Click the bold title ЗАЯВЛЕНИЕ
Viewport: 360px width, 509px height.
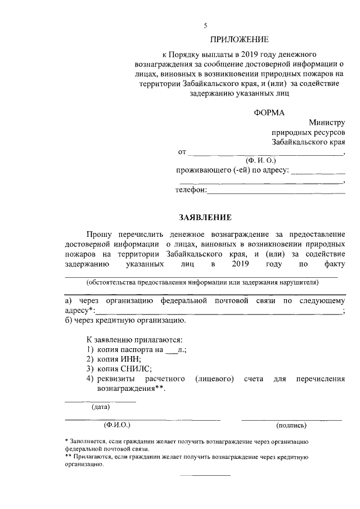[x=205, y=217]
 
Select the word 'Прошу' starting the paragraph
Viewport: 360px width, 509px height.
[x=100, y=233]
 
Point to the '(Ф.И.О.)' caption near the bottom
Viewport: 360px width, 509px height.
[x=117, y=425]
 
